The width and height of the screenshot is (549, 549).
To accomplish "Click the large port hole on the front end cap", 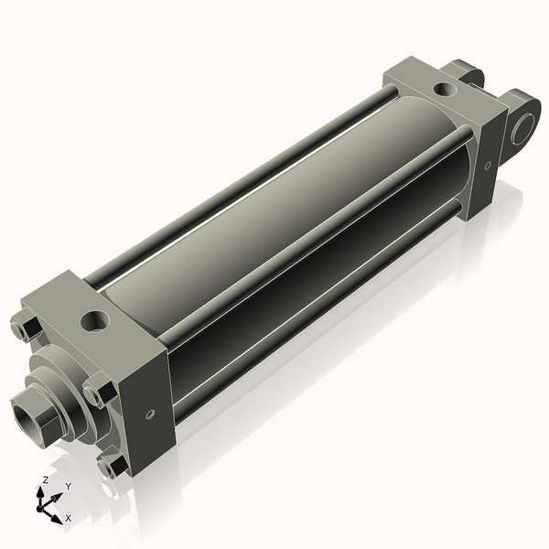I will click(95, 321).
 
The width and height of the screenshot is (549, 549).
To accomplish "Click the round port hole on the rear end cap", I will click(443, 90).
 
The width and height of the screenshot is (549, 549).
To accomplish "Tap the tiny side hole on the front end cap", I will click(149, 414).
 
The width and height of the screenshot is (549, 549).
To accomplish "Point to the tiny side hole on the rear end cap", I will click(487, 166).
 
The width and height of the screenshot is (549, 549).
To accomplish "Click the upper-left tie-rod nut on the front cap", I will click(25, 326).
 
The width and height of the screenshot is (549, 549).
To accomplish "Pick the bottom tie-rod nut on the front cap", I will click(113, 466).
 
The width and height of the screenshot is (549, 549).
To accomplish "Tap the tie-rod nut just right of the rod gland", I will click(99, 392).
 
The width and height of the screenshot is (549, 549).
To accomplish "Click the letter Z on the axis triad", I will click(45, 479).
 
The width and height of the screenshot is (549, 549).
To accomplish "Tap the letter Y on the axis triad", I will click(68, 486).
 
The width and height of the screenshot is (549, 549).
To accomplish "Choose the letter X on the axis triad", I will click(69, 518).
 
